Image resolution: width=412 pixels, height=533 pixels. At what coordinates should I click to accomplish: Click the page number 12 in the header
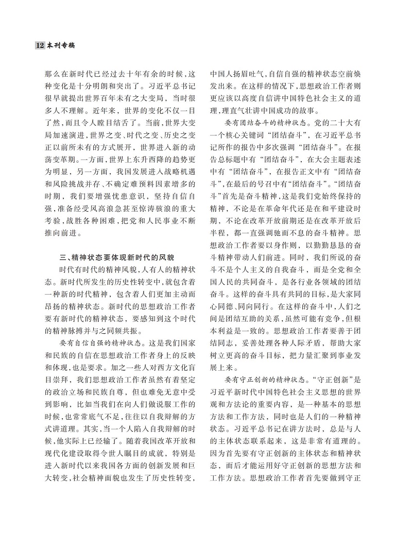(40, 45)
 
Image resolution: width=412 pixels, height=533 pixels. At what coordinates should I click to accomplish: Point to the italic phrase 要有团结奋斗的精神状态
(263, 124)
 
